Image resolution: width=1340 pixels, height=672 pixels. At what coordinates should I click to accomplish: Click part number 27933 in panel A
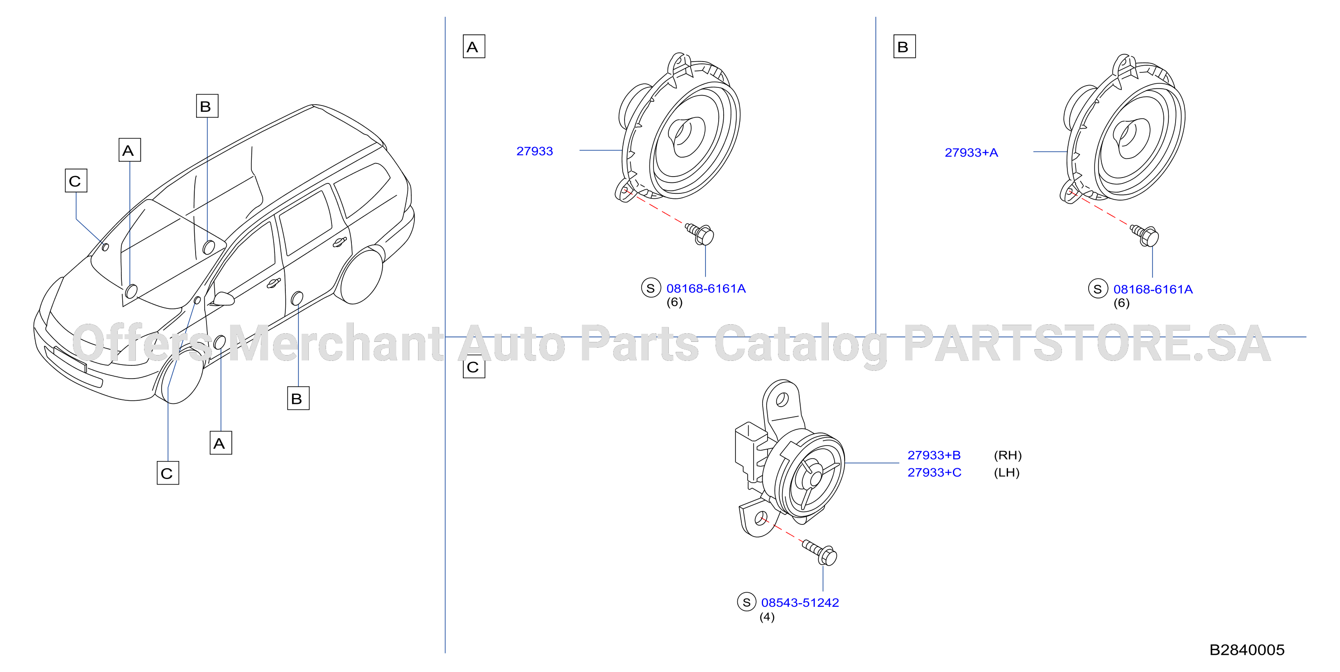point(534,151)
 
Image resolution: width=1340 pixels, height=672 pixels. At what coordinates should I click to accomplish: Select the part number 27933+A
point(971,153)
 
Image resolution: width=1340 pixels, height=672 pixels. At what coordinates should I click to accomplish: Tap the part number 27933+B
point(934,455)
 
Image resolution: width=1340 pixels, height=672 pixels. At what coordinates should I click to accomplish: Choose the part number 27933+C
point(934,472)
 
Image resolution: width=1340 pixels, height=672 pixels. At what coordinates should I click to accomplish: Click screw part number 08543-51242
point(800,602)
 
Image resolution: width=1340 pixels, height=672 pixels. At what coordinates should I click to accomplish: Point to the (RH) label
point(1008,455)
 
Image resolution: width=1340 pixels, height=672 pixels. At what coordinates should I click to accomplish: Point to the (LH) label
point(1007,472)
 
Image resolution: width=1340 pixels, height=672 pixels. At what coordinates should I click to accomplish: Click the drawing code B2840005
point(1247,650)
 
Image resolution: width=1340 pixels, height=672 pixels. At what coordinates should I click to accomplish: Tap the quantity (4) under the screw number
point(767,617)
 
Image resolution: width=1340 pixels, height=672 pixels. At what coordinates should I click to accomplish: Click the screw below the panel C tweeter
point(820,552)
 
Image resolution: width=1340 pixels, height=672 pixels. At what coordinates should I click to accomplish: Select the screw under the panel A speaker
point(700,234)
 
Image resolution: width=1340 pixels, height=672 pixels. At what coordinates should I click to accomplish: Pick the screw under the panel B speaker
point(1145,235)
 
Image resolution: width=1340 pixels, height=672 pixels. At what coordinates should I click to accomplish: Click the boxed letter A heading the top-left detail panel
point(474,46)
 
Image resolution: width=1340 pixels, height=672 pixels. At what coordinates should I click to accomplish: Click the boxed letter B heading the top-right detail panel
point(904,46)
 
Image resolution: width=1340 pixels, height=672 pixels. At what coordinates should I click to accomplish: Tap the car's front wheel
point(181,375)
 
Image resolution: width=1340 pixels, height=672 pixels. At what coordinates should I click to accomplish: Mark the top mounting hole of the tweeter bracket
point(781,399)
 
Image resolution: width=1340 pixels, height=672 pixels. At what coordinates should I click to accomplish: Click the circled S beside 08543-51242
point(746,602)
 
